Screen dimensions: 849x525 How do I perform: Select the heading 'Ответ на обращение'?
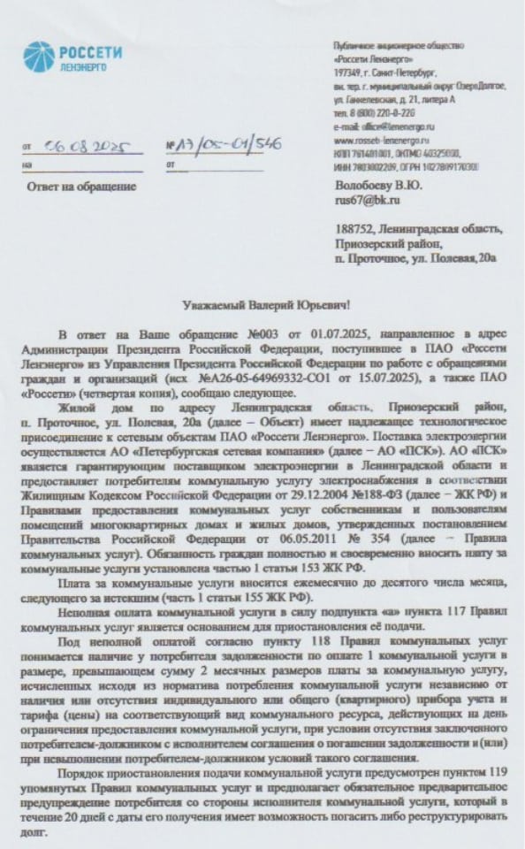82,187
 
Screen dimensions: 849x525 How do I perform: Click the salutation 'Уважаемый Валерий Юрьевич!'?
262,305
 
